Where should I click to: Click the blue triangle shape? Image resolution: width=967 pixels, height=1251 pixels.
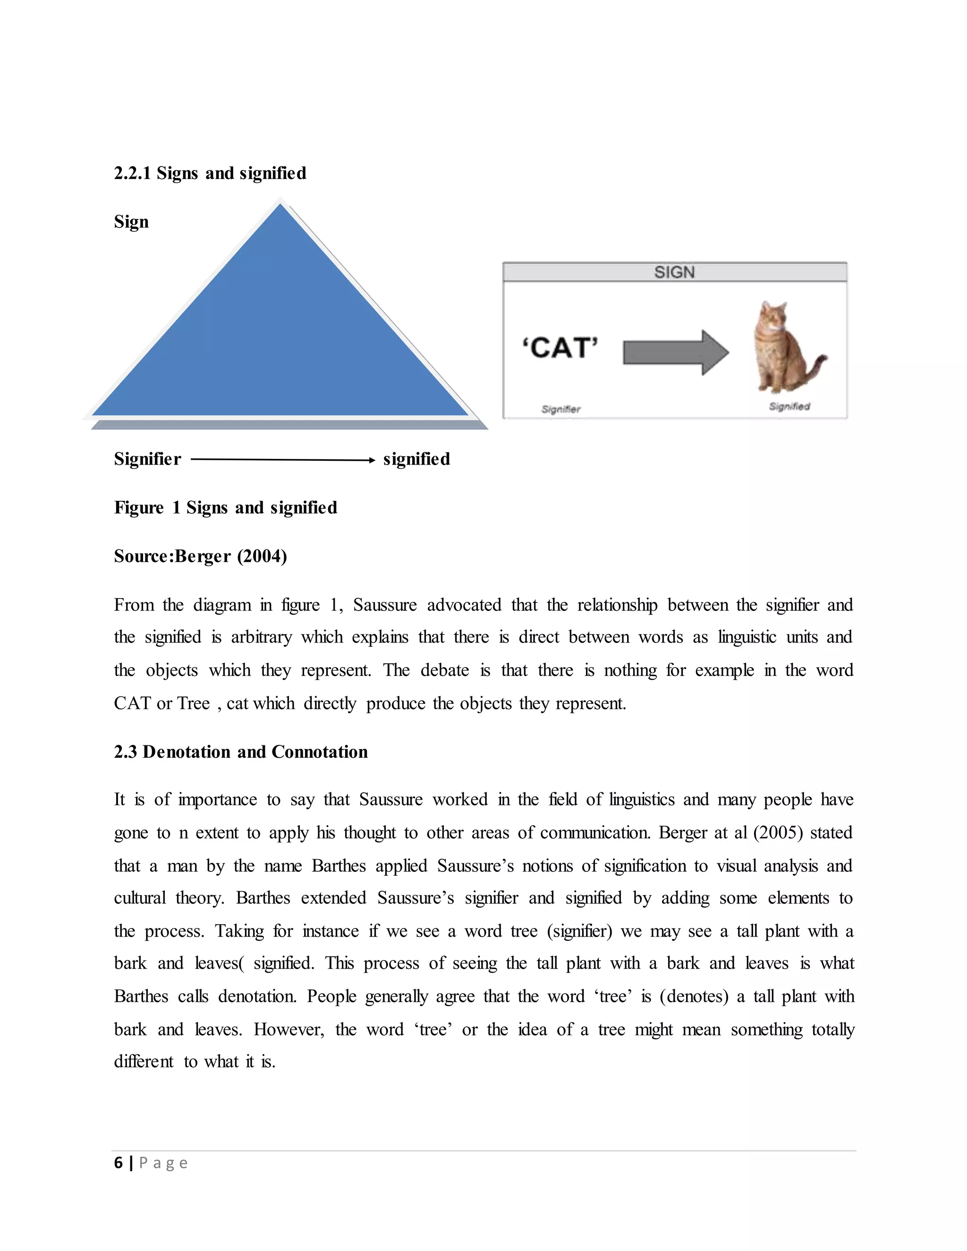pyautogui.click(x=280, y=332)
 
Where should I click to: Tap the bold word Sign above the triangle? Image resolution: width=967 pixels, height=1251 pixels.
pyautogui.click(x=131, y=222)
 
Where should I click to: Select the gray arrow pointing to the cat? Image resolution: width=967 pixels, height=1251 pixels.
pyautogui.click(x=675, y=352)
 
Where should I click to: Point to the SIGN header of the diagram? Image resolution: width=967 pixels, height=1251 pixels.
pyautogui.click(x=674, y=272)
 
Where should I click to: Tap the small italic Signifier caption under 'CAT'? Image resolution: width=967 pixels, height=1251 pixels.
pyautogui.click(x=561, y=409)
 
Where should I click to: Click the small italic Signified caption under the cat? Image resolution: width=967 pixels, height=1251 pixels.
pyautogui.click(x=789, y=406)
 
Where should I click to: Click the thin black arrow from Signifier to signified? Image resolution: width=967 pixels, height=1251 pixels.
pyautogui.click(x=282, y=459)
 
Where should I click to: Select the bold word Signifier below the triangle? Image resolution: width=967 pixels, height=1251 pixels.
pyautogui.click(x=147, y=459)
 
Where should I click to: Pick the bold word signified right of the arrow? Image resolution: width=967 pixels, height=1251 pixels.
pyautogui.click(x=416, y=459)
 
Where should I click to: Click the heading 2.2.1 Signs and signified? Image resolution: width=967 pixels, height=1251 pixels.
pyautogui.click(x=210, y=173)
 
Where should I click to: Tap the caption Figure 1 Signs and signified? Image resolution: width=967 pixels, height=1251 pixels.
pyautogui.click(x=225, y=507)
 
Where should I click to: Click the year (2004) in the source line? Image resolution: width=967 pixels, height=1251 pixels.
pyautogui.click(x=262, y=556)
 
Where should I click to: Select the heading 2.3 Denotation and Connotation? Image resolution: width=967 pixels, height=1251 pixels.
pyautogui.click(x=241, y=752)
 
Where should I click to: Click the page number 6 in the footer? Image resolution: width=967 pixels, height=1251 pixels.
pyautogui.click(x=119, y=1162)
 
